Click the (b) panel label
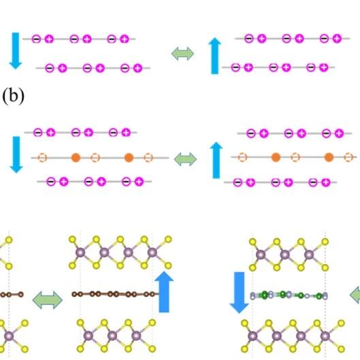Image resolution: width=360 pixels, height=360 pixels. click(14, 96)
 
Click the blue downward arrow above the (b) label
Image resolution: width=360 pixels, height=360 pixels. click(16, 51)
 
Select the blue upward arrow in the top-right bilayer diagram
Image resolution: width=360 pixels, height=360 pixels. click(214, 56)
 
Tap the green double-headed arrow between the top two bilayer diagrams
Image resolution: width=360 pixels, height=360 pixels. click(183, 54)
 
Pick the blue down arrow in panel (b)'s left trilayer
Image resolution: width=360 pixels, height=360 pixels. click(16, 154)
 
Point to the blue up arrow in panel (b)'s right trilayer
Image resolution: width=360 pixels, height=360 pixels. click(216, 160)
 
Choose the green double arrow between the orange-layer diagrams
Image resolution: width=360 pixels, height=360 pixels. click(186, 159)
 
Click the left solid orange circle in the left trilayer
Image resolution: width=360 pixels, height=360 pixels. click(76, 158)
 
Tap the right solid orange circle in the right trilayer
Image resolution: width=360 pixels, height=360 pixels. click(329, 157)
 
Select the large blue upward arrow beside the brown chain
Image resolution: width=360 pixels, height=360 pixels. click(164, 292)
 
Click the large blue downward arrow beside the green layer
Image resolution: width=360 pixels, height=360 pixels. click(240, 293)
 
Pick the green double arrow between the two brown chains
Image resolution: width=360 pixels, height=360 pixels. click(48, 300)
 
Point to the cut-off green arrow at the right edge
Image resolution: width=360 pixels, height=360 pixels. click(355, 295)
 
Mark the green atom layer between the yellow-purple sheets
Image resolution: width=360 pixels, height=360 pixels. click(289, 295)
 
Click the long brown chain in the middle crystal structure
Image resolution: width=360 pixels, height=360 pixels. click(116, 294)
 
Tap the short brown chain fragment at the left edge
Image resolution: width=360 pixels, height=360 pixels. click(12, 295)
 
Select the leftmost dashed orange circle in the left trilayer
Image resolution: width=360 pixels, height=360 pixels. click(42, 158)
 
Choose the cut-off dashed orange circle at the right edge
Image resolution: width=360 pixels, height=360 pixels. click(348, 157)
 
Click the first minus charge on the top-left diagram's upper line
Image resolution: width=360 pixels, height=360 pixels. click(36, 39)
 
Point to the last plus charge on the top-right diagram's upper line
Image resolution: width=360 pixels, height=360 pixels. click(337, 38)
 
